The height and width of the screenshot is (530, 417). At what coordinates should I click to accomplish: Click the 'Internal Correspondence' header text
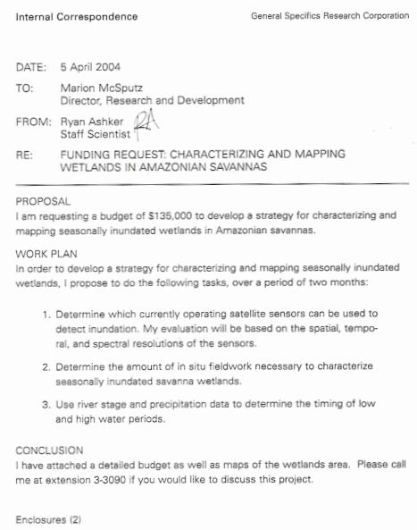[76, 16]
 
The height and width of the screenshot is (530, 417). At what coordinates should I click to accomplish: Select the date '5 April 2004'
[90, 67]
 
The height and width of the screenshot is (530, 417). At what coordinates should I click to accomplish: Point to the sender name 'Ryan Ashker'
[91, 122]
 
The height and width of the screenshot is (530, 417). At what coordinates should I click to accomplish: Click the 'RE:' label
[24, 155]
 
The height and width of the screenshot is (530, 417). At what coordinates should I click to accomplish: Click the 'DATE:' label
[30, 67]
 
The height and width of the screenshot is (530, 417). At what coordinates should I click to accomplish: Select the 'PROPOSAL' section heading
[43, 202]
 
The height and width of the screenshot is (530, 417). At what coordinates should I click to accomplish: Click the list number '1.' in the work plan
[46, 314]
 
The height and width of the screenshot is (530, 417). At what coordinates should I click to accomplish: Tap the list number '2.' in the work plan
[46, 366]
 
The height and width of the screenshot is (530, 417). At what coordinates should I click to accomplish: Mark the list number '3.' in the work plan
[46, 404]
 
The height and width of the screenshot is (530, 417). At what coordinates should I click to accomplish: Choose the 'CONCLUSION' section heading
[50, 450]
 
